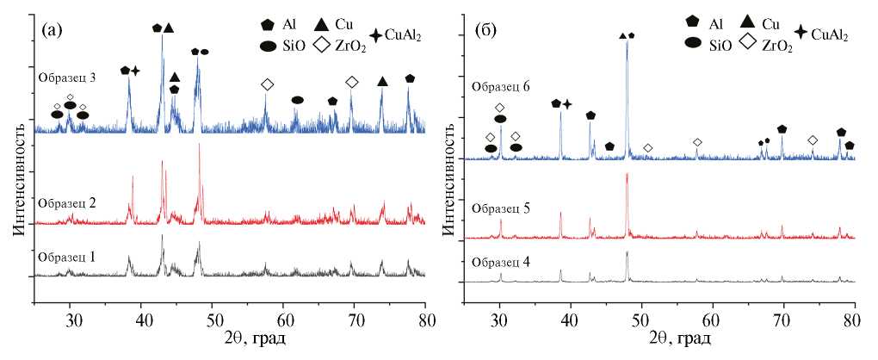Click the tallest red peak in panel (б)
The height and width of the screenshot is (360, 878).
[627, 175]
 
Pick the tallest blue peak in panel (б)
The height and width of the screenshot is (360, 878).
[627, 41]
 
